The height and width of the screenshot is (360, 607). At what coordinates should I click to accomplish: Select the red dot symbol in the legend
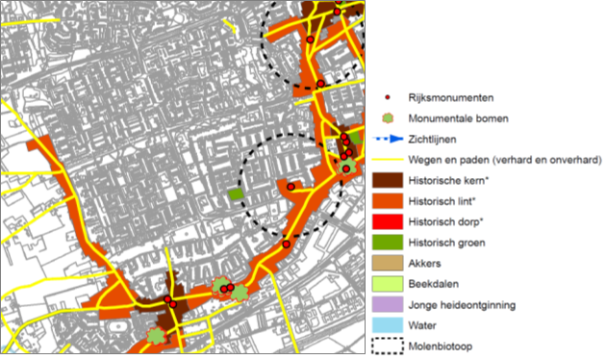[388, 98]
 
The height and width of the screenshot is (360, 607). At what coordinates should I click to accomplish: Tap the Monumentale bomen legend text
[457, 119]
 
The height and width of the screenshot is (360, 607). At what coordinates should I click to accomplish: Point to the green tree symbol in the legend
[388, 119]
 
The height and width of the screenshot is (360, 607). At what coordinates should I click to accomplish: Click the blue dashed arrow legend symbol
[387, 140]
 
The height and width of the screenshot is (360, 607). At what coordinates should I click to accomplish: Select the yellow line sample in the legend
[387, 160]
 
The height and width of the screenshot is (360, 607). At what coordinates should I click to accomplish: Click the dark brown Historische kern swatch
[387, 180]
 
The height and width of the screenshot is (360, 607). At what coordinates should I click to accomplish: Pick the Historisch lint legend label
[443, 201]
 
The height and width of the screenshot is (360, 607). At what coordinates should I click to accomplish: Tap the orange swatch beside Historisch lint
[387, 201]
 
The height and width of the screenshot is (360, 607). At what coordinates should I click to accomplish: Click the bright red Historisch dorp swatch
[387, 222]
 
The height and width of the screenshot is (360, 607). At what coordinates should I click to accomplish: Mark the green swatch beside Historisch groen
[387, 243]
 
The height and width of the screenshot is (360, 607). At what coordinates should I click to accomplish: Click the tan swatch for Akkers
[387, 264]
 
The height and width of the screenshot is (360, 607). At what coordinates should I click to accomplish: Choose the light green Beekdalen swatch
[387, 284]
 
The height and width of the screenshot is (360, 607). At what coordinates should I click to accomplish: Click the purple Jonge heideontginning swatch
[387, 305]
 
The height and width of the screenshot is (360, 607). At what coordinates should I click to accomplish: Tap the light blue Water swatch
[387, 325]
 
